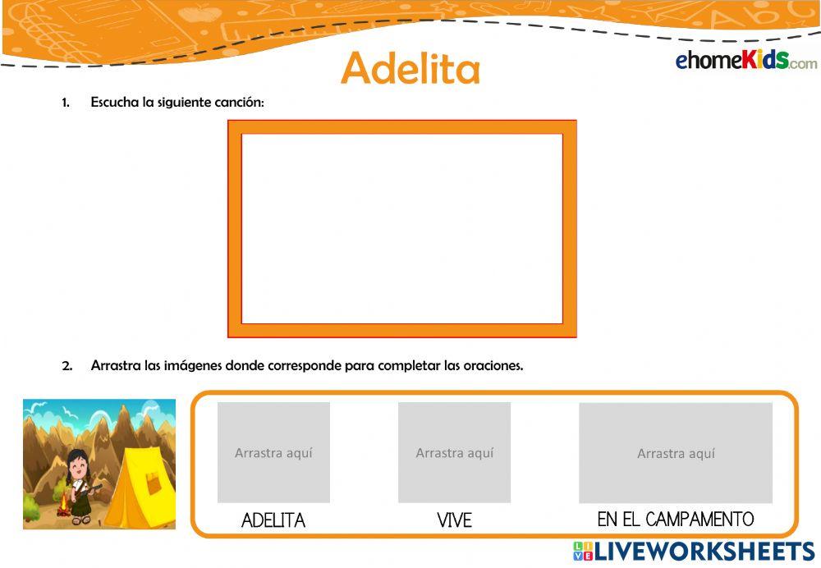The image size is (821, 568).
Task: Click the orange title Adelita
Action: tap(410, 68)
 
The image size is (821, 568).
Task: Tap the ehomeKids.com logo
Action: tap(745, 61)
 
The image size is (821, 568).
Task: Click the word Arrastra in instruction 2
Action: tap(115, 366)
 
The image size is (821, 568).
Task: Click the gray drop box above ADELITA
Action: tap(273, 452)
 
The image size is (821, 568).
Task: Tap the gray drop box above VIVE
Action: tap(454, 452)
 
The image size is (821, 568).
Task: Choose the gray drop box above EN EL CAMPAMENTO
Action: tap(676, 452)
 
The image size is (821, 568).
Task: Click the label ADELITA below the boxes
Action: tap(273, 520)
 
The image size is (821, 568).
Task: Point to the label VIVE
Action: tap(454, 520)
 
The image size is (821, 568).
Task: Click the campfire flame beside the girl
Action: tap(62, 500)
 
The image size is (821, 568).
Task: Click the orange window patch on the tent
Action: tap(154, 484)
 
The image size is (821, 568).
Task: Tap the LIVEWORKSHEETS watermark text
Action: tap(704, 550)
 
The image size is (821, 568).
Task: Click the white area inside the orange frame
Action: tap(401, 228)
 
